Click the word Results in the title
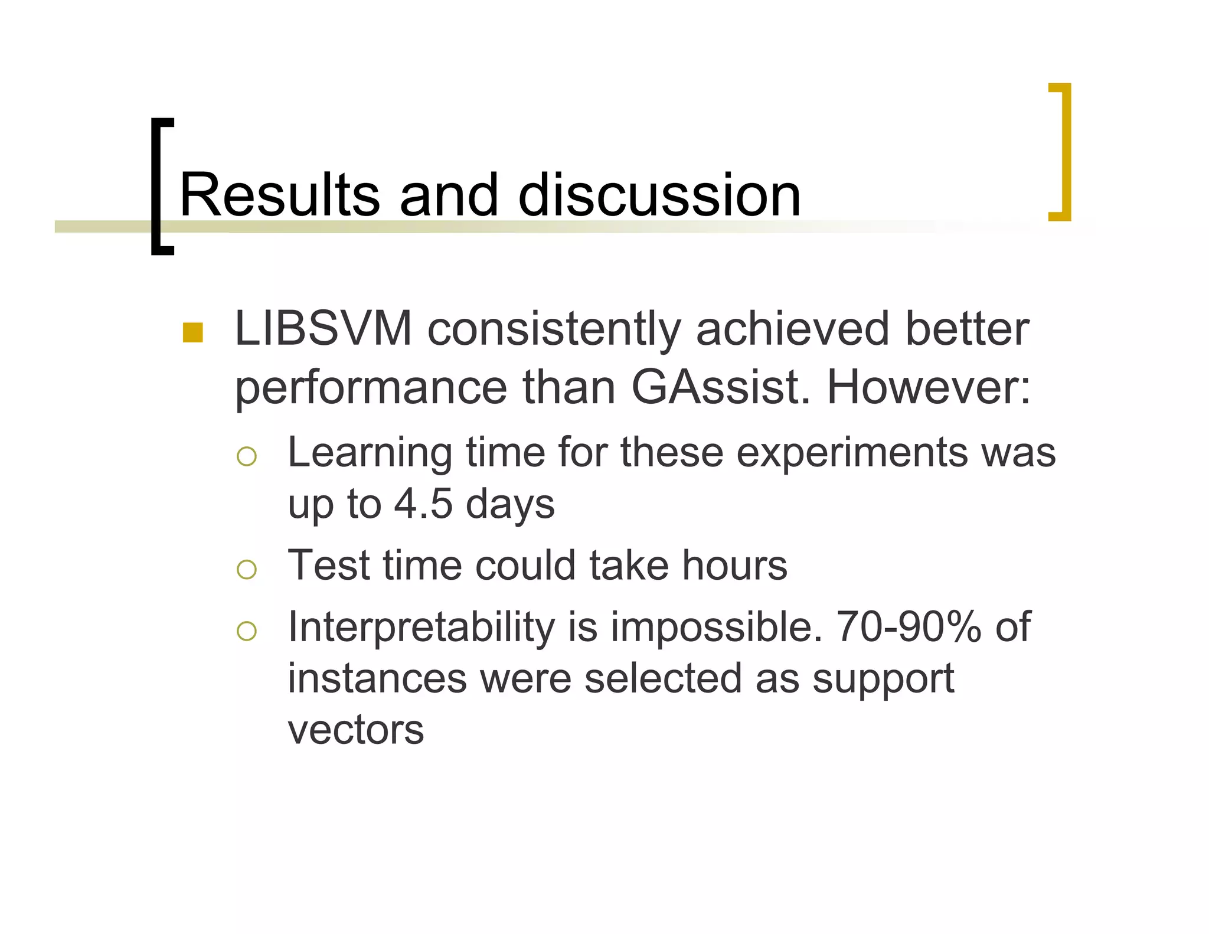pos(279,195)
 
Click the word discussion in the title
pos(659,195)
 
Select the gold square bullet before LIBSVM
pos(192,333)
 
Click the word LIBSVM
pos(323,329)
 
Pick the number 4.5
pos(423,504)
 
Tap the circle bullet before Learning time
pos(246,456)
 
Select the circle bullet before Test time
pos(246,569)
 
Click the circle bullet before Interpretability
pos(246,631)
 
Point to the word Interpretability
pos(421,627)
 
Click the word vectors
pos(355,730)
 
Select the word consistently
pos(554,330)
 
